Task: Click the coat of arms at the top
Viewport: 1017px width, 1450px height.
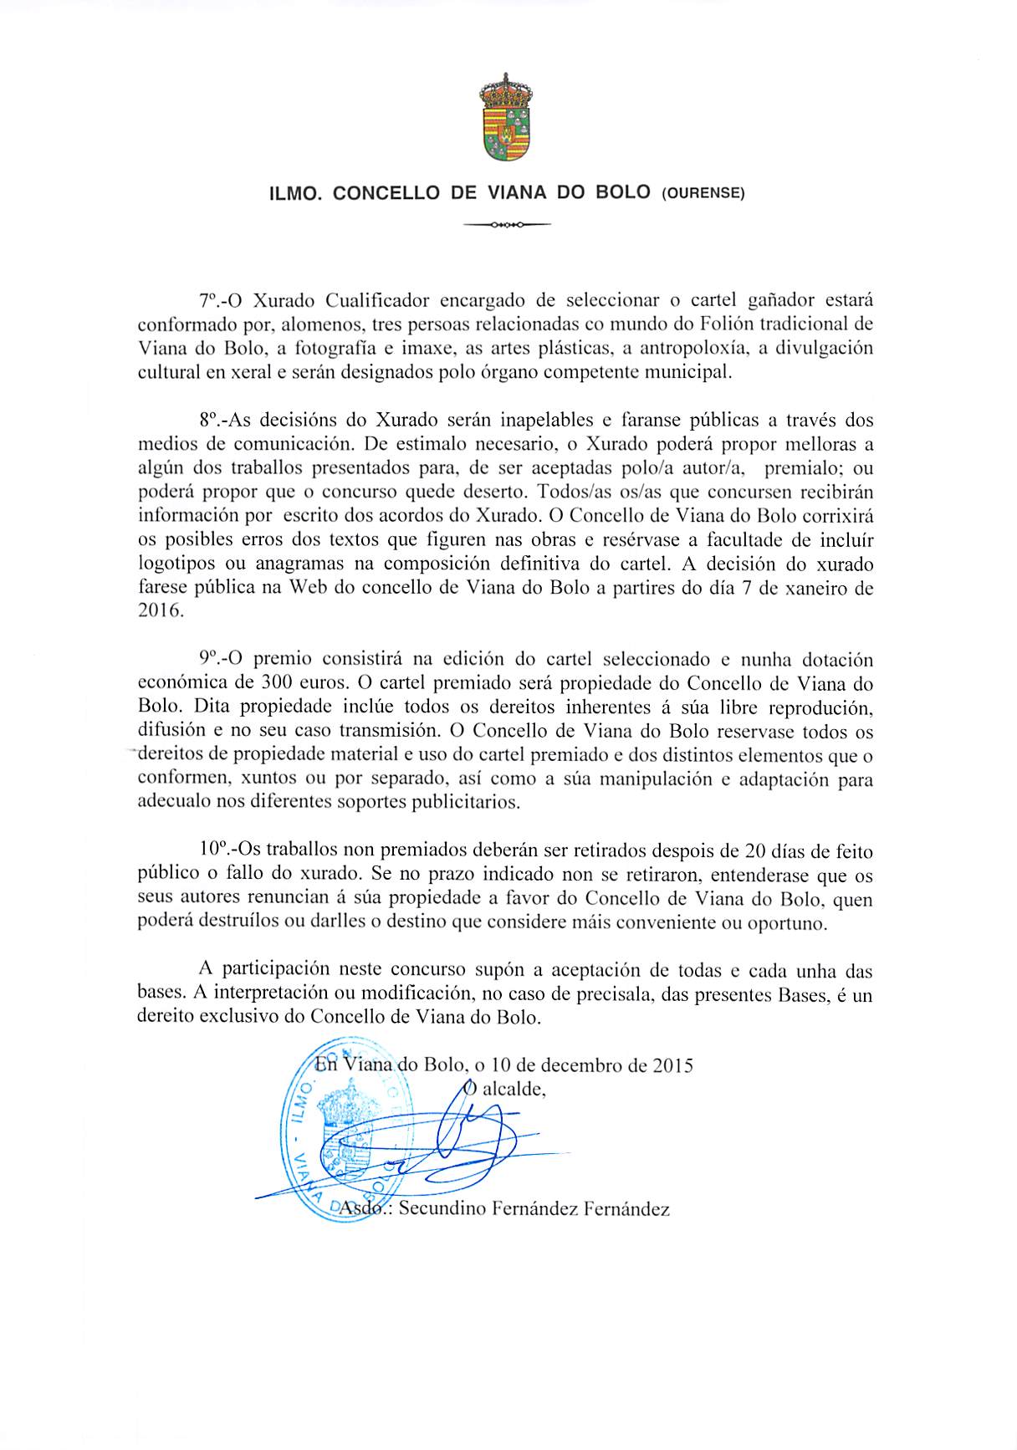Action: tap(506, 118)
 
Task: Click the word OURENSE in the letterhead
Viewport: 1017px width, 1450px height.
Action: tap(703, 193)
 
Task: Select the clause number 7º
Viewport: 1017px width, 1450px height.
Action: tap(209, 300)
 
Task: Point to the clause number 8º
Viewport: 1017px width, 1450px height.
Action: tap(209, 420)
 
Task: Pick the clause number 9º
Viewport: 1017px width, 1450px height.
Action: tap(209, 659)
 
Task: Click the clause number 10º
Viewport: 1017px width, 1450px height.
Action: tap(212, 850)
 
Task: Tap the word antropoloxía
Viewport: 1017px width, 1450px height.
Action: tap(688, 348)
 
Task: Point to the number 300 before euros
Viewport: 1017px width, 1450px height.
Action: tap(276, 683)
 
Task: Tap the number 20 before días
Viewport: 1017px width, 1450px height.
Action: tap(756, 851)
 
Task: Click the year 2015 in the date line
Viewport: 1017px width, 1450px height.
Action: tap(672, 1065)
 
